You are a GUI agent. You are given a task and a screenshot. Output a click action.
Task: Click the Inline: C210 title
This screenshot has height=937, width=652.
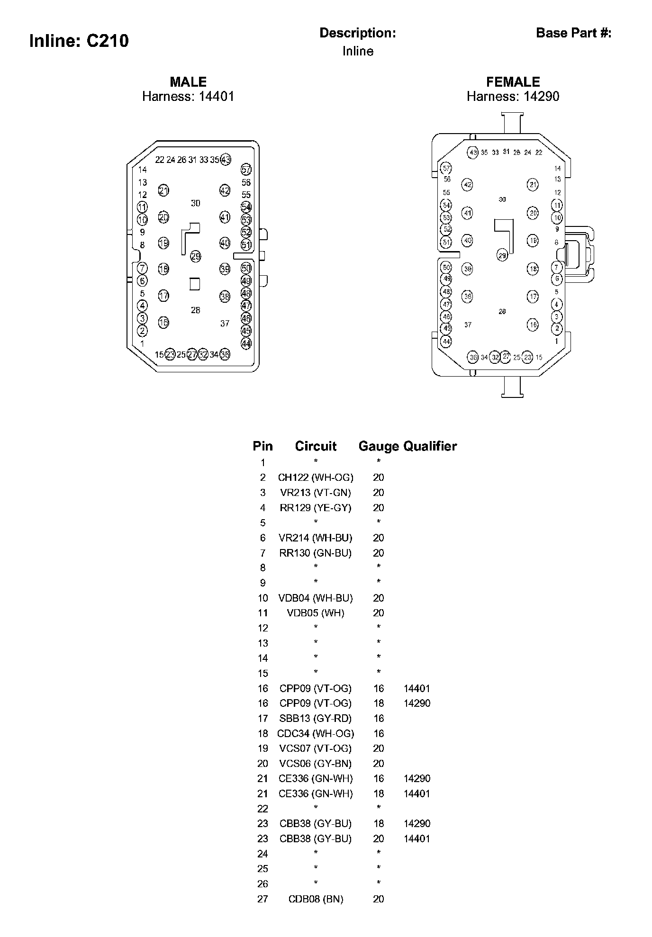tap(79, 41)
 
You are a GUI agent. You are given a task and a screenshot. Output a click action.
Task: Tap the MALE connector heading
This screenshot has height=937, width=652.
tap(188, 82)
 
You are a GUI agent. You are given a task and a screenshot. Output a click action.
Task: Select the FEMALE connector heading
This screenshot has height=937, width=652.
tap(513, 82)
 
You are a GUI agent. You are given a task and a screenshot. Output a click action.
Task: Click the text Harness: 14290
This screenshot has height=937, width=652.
tap(513, 97)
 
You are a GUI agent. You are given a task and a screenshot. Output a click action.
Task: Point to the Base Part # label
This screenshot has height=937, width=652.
tap(573, 33)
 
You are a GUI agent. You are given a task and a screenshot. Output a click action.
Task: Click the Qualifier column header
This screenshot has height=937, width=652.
tap(430, 446)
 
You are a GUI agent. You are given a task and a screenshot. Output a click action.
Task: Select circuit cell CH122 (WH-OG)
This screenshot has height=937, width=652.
tap(316, 478)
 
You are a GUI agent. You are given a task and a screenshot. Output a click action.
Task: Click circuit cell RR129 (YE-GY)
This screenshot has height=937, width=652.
tap(316, 508)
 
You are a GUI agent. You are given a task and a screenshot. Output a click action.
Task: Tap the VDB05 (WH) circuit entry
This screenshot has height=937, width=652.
tap(316, 613)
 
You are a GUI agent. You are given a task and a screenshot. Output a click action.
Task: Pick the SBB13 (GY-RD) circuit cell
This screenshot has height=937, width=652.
tap(316, 719)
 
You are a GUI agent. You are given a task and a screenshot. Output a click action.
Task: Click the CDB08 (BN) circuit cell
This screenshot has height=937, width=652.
tap(316, 899)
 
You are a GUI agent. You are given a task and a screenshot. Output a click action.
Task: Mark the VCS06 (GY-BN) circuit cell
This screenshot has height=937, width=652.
tap(316, 764)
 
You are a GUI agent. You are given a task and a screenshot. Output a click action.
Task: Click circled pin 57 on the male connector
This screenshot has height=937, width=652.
tap(246, 170)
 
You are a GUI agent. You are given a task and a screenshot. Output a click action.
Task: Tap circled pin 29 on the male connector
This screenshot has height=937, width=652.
tap(195, 257)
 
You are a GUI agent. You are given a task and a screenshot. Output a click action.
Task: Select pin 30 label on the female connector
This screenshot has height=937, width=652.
tap(502, 199)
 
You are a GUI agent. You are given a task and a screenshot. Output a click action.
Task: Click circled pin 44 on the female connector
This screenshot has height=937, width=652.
tap(446, 341)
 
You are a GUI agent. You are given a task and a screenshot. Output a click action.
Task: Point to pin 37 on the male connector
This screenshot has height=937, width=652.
tap(225, 324)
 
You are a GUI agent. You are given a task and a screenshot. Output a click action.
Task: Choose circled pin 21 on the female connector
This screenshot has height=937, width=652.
tap(533, 185)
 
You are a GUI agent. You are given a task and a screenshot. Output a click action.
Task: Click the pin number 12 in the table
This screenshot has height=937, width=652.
tap(263, 628)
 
